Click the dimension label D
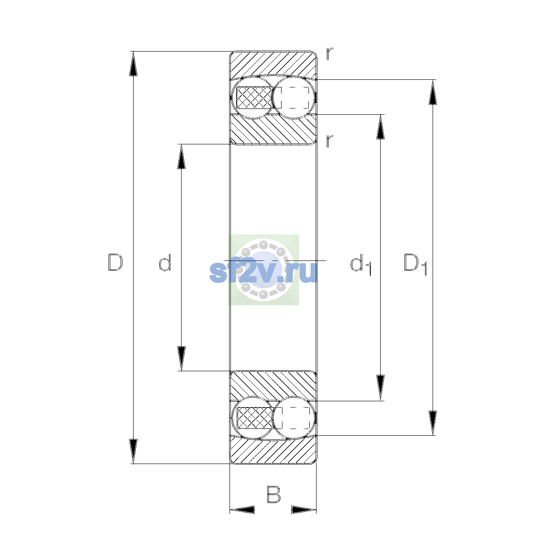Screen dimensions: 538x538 [115, 262]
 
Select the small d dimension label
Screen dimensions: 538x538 [165, 262]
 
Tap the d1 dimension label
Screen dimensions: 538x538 [361, 265]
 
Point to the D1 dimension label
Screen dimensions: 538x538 [416, 265]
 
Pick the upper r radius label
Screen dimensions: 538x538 [330, 54]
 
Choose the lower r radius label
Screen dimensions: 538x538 [330, 141]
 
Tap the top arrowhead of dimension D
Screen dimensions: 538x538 [133, 64]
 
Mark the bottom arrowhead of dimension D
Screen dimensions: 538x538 [133, 451]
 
